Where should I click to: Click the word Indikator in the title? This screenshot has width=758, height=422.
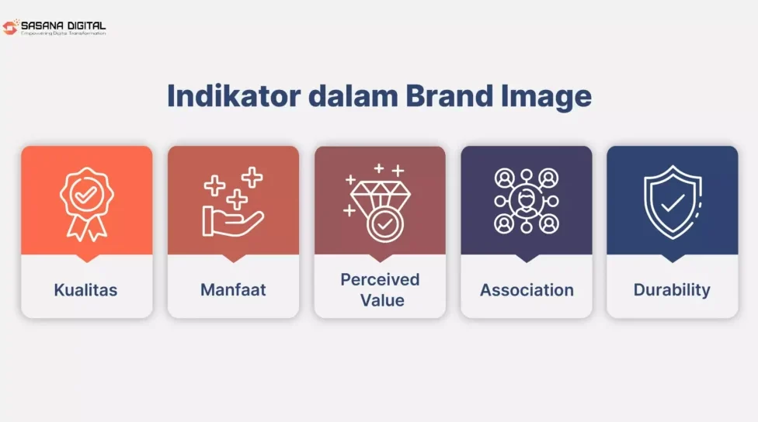pos(234,95)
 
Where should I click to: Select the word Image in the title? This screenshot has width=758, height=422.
pos(546,96)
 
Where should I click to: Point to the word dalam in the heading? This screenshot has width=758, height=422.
pos(353,95)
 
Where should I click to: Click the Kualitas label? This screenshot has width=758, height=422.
pos(85,289)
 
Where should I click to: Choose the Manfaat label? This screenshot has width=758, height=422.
pos(233,289)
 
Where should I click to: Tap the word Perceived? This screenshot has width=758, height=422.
pos(380,279)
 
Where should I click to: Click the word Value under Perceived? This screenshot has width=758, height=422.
pos(382,300)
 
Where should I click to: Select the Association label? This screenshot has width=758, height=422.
pos(527,289)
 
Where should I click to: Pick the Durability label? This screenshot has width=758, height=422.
pos(672,289)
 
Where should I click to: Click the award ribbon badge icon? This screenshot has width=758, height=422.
pos(87,204)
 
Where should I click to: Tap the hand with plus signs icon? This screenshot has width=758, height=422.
pos(233,202)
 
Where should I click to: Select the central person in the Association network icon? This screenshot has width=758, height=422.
pos(527,200)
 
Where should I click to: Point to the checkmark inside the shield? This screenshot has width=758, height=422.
pos(673,202)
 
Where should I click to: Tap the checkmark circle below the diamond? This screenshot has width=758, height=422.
pos(384,224)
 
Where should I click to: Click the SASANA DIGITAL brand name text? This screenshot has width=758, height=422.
pos(64,26)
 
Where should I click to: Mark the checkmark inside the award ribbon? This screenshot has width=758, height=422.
pos(86,195)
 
